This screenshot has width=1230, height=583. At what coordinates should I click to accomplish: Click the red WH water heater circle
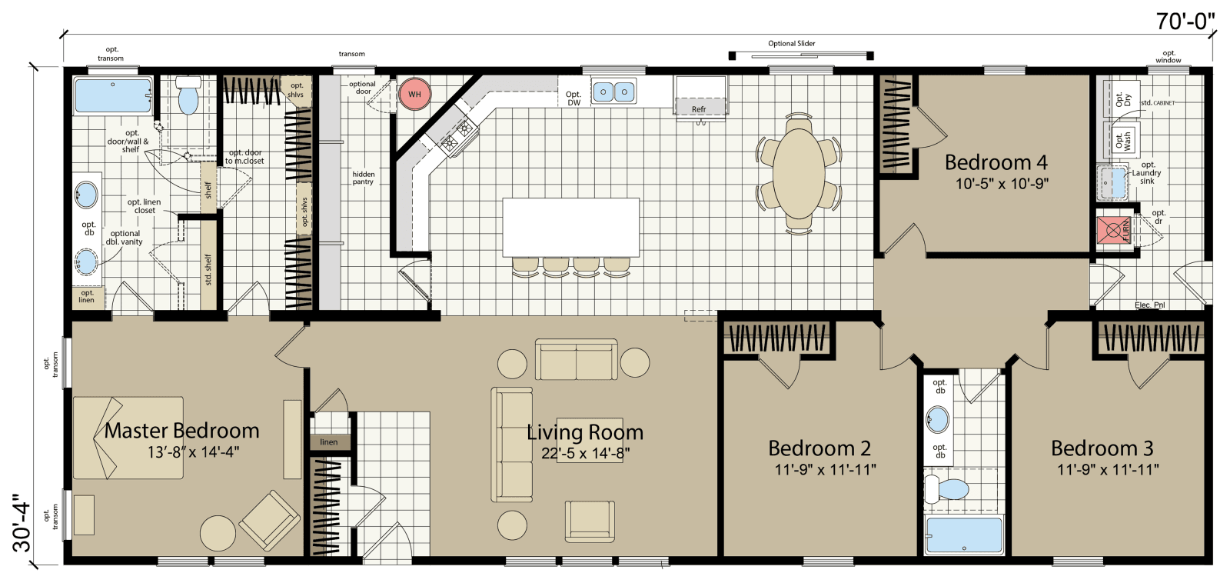pos(414,95)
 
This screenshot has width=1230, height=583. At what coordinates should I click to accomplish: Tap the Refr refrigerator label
pos(698,109)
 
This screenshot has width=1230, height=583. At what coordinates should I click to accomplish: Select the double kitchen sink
pos(613,92)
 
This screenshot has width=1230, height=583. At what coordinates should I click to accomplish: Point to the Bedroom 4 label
pos(996,162)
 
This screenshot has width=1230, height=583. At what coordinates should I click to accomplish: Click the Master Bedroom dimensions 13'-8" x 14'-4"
pos(193,452)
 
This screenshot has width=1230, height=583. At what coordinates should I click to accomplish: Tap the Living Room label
pos(585,432)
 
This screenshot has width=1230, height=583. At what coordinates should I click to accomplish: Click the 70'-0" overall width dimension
pos(1185,22)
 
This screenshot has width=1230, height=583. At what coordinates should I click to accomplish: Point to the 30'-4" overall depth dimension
pos(22,522)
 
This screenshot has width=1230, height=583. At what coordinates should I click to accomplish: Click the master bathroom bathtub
pos(113,96)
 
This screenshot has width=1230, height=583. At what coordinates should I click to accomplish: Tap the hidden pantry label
pos(363,178)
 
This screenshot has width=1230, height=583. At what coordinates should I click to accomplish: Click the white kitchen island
pos(570,228)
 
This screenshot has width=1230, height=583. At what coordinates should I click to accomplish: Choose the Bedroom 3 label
pos(1102,448)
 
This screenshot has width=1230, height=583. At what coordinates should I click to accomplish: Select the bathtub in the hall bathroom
pos(964,535)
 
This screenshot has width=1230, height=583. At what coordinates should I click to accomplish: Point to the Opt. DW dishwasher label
pos(573,98)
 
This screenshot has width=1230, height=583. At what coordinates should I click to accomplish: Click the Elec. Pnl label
pos(1149,305)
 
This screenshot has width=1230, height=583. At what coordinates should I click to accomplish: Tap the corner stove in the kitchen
pos(455,136)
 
